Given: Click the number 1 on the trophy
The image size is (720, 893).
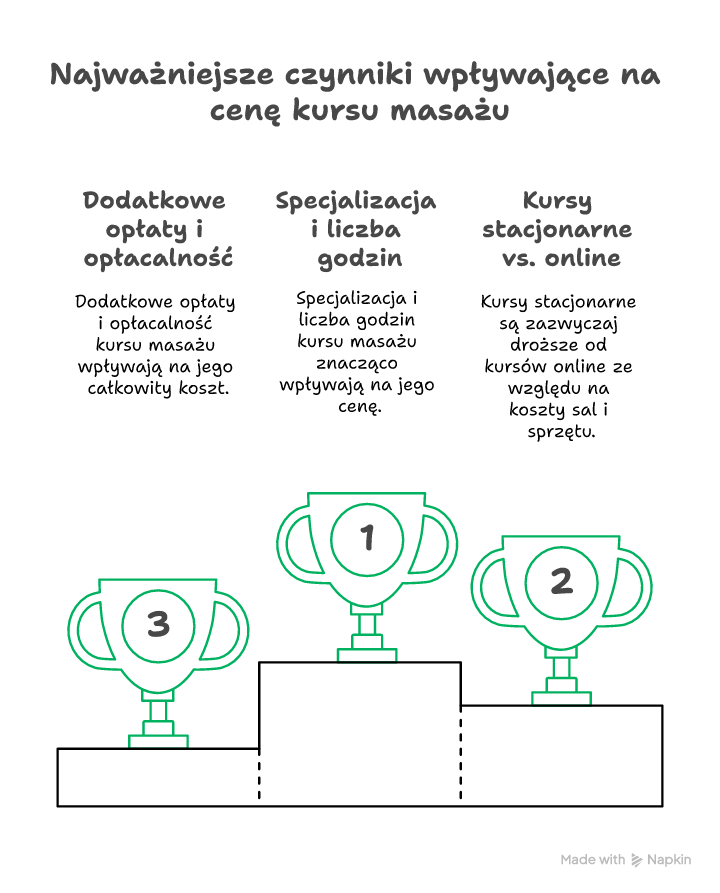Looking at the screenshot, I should (367, 537).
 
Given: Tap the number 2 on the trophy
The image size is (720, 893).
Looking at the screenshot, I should (561, 581).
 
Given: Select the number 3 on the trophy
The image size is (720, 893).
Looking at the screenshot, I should (158, 625).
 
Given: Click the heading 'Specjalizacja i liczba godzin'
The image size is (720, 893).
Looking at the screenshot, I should (356, 229).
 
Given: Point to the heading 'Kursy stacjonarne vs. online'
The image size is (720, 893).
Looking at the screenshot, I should (557, 229).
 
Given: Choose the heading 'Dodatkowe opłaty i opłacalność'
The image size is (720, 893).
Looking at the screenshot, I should (155, 229).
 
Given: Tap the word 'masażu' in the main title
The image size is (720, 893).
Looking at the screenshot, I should (448, 110).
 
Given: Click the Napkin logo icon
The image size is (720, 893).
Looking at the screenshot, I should (637, 860).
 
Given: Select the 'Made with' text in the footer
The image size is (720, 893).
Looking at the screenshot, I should (593, 860).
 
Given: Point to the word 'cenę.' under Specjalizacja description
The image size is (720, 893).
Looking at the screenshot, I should (356, 407).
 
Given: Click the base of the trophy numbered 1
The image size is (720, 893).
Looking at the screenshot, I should (367, 655).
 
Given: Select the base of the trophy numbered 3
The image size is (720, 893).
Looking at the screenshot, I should (158, 741).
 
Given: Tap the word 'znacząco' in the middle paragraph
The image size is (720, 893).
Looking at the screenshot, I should (356, 363).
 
